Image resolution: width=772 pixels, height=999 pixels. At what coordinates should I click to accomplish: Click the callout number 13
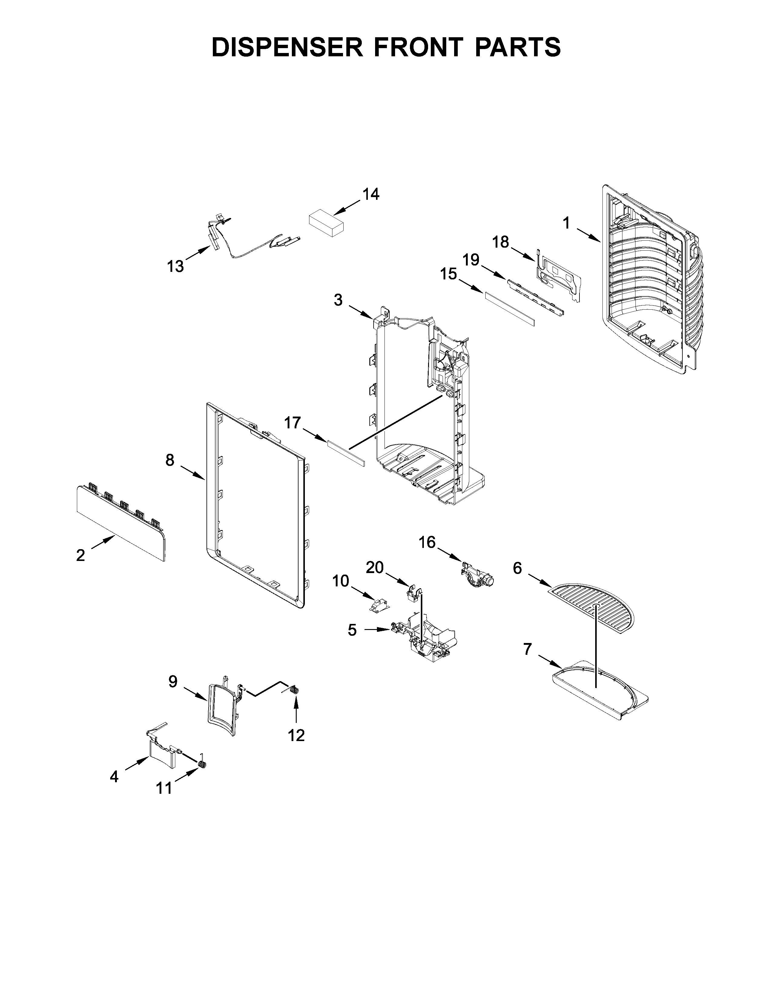click(175, 266)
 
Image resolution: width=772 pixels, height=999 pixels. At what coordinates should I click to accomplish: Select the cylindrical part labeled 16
click(478, 575)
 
